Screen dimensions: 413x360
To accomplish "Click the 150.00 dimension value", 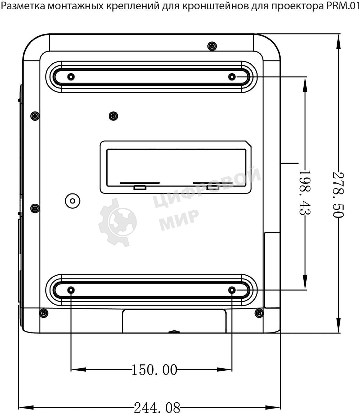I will tap(154, 370).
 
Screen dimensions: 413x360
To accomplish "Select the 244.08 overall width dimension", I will tap(156, 407).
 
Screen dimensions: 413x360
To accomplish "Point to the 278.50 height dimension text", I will tap(338, 194).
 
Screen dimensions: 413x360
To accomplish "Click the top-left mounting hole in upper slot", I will tap(71, 76).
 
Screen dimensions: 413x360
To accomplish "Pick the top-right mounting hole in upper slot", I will tap(232, 76).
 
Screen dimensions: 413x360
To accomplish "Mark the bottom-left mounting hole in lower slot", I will tap(71, 290).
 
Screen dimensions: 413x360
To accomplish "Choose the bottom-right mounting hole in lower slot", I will tap(232, 290).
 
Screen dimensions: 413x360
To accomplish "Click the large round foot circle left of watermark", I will tap(72, 200).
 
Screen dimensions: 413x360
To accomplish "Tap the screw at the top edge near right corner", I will tap(212, 46).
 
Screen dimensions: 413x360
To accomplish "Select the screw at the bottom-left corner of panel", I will tap(43, 313).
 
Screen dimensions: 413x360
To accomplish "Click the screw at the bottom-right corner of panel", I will tap(259, 313).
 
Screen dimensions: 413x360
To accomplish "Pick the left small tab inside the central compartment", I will tap(139, 188).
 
